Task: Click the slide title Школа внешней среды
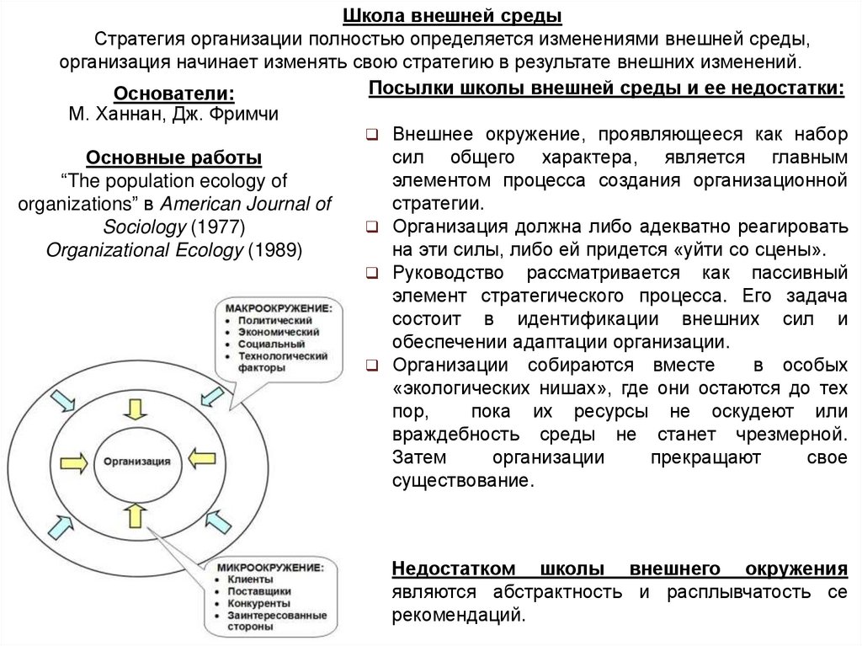[x=452, y=17]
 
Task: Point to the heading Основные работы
[x=174, y=158]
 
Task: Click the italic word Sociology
[x=144, y=227]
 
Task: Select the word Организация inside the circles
[x=137, y=462]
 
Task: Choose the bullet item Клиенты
[x=249, y=579]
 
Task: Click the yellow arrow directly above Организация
[x=135, y=409]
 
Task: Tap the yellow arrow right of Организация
[x=202, y=460]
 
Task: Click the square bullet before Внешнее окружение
[x=374, y=134]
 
